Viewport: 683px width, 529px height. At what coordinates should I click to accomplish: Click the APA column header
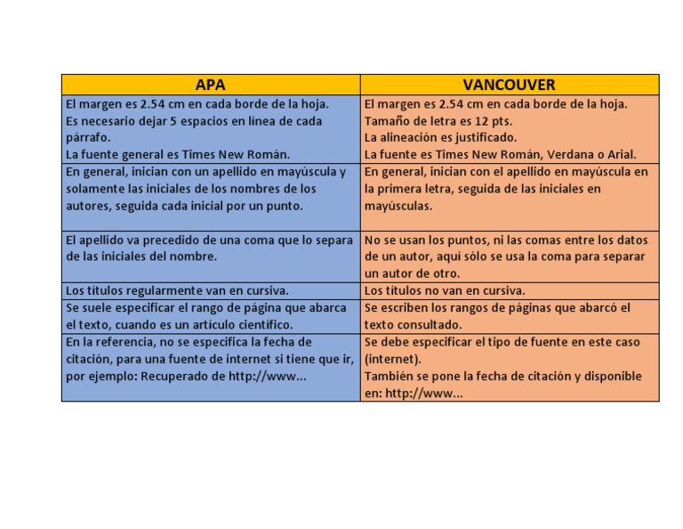(x=210, y=85)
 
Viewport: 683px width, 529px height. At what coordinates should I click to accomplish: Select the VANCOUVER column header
(x=509, y=85)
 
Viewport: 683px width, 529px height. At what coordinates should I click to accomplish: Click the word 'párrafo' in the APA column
(x=88, y=138)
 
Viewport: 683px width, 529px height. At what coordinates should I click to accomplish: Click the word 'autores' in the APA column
(x=89, y=206)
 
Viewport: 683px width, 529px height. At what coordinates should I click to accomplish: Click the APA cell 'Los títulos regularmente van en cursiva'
(x=177, y=290)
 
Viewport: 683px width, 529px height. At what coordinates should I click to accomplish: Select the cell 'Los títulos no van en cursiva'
(x=444, y=290)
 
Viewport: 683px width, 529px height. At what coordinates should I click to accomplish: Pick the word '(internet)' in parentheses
(x=393, y=359)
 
